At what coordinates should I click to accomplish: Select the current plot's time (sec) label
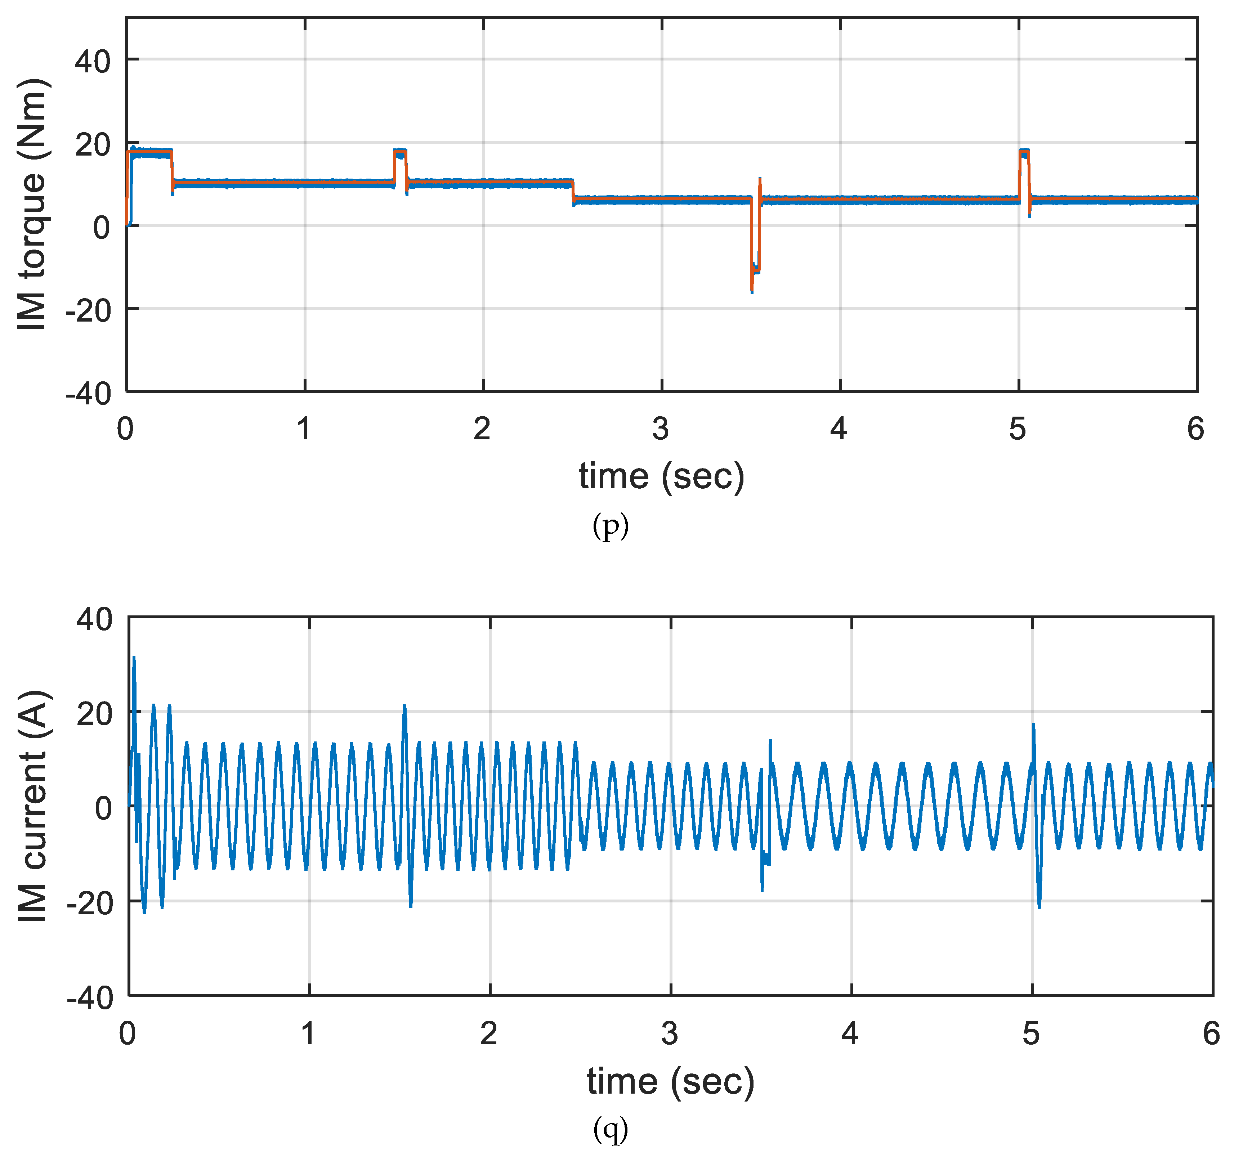pyautogui.click(x=670, y=1081)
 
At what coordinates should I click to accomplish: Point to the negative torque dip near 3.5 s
pyautogui.click(x=753, y=273)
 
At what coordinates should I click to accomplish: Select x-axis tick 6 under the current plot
pyautogui.click(x=1211, y=1033)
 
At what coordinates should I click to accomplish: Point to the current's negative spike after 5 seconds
pyautogui.click(x=1040, y=907)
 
